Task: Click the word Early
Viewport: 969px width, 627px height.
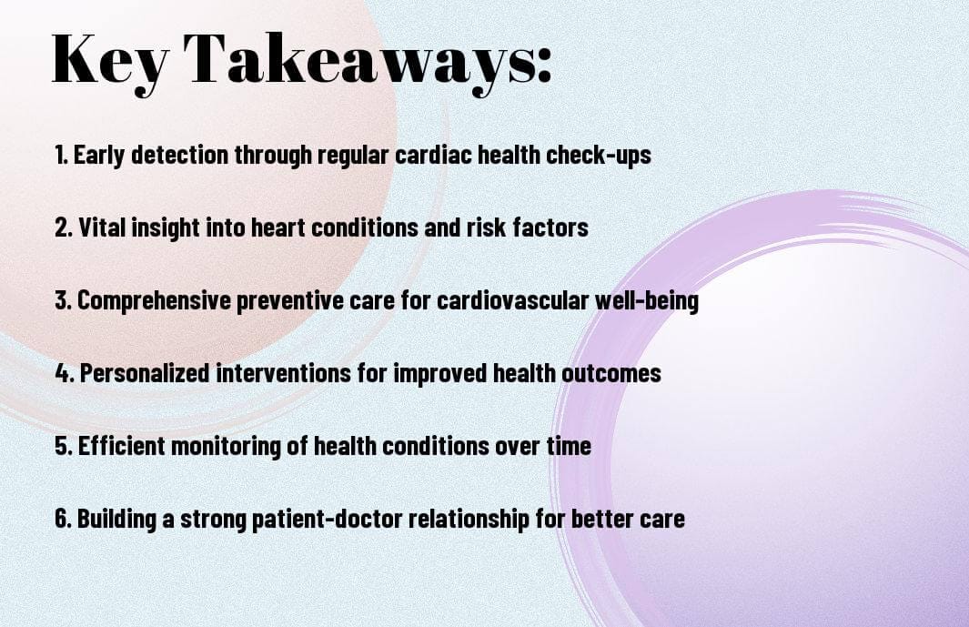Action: coord(99,156)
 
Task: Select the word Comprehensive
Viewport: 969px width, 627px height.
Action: coord(154,300)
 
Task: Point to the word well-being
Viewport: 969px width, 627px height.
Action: coord(648,300)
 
